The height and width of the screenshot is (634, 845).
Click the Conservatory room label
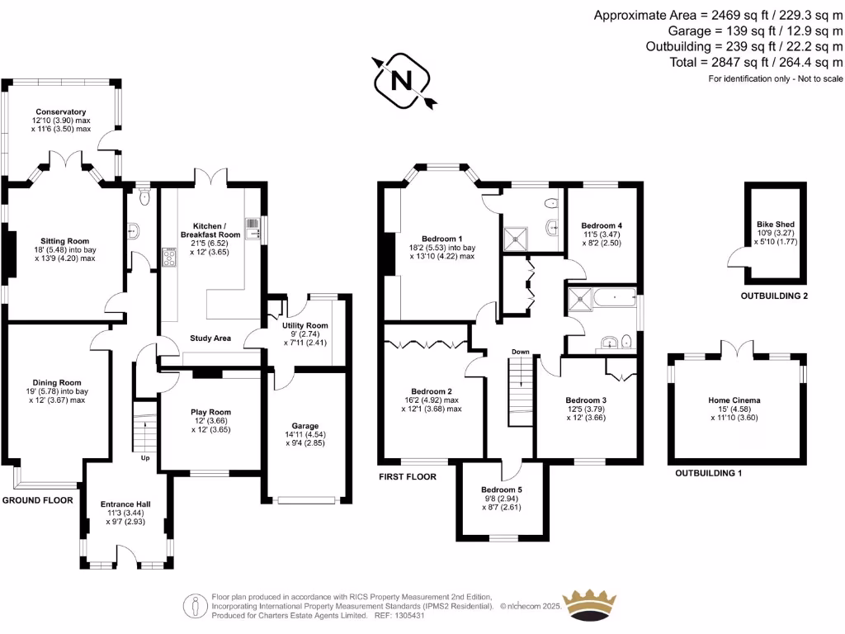60,112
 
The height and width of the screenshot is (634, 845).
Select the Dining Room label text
59,382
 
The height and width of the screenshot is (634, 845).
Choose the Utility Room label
305,326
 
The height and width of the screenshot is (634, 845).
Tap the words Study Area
210,338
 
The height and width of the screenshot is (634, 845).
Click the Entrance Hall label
125,503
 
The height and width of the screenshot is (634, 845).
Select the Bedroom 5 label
502,489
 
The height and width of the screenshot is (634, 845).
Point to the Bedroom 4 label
602,225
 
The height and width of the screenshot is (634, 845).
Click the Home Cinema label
734,400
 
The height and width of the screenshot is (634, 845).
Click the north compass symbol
402,80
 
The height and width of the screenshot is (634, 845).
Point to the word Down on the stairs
520,352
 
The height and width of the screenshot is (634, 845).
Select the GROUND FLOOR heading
37,500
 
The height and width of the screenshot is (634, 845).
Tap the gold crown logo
589,603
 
